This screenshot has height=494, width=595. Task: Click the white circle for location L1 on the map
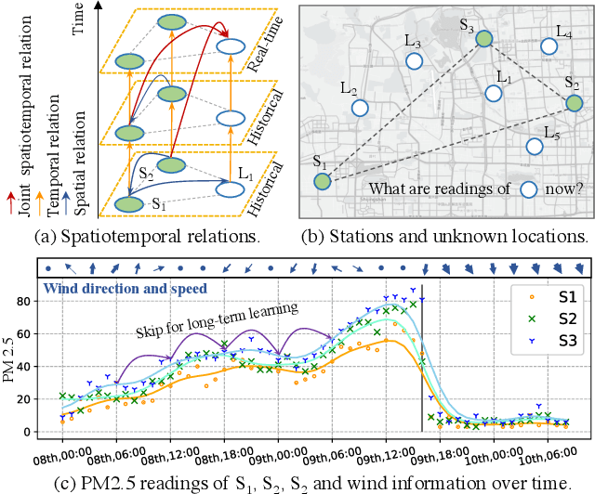pos(495,93)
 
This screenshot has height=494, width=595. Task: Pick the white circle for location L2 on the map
pos(360,107)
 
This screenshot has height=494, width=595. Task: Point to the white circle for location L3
pos(415,61)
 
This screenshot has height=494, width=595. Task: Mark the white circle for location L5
pos(533,147)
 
